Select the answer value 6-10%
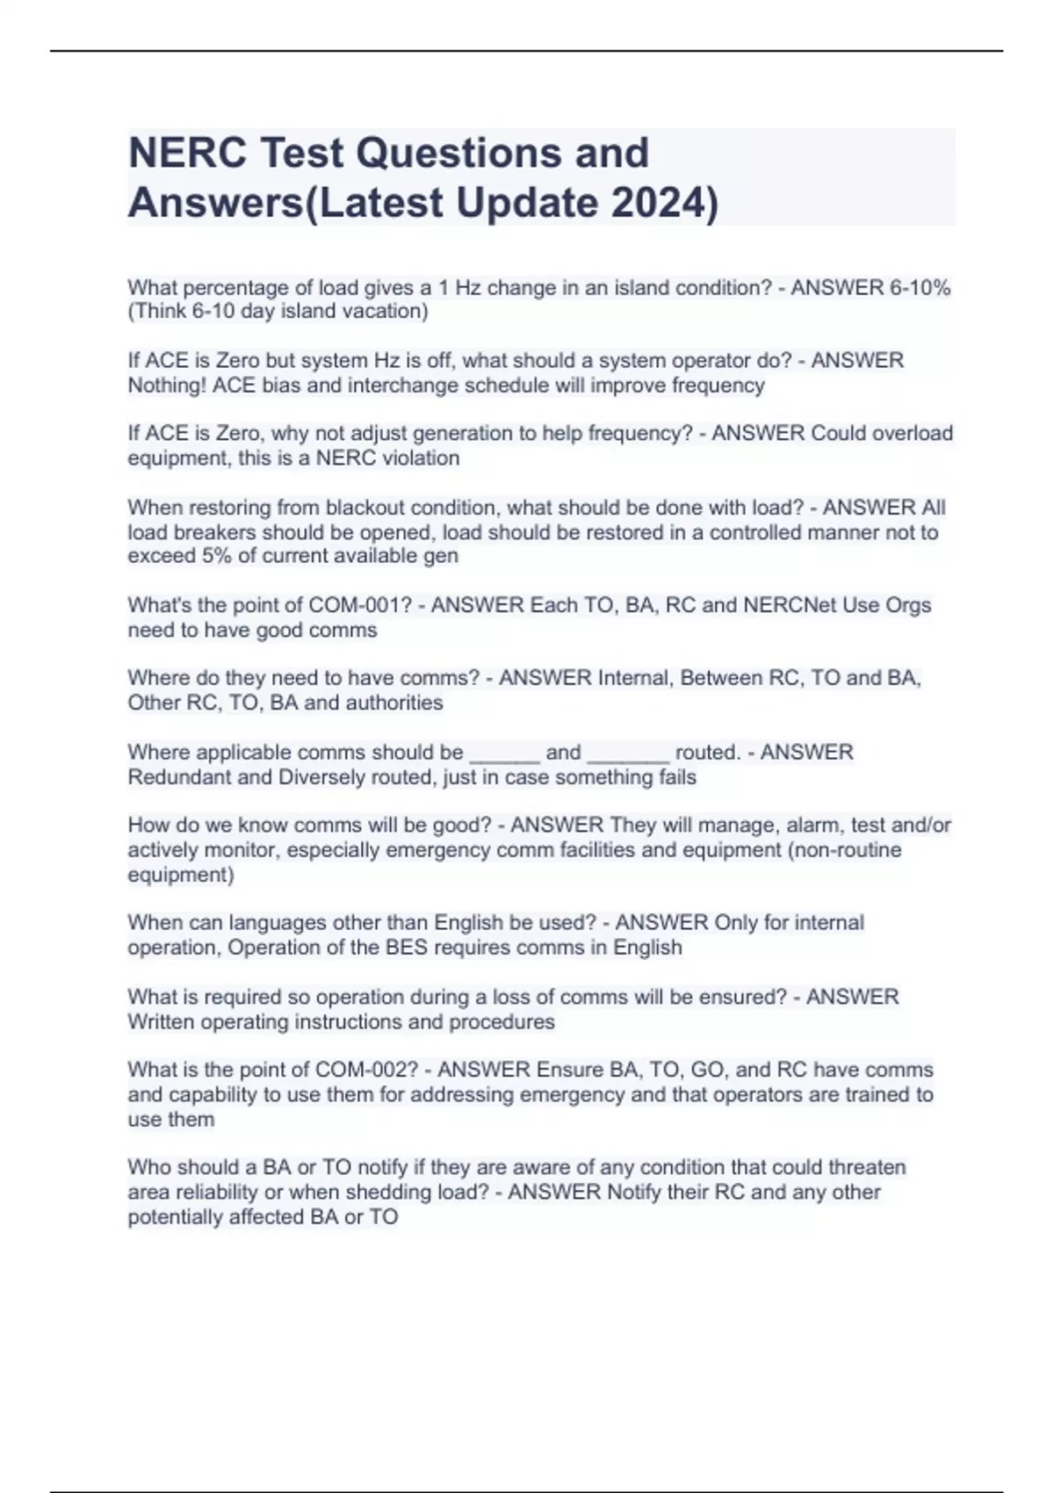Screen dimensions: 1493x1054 919,287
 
